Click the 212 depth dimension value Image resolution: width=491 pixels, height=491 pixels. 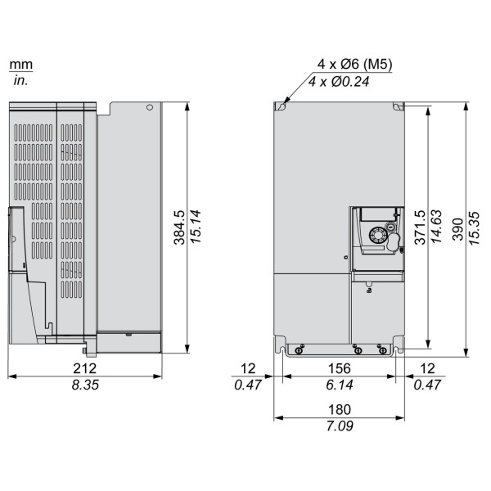(x=84, y=368)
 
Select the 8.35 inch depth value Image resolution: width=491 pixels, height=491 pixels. (x=85, y=385)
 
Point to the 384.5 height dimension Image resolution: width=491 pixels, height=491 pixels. (x=180, y=227)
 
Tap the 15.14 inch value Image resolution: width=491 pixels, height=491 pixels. (x=196, y=227)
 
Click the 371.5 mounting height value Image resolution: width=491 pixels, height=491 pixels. (x=421, y=227)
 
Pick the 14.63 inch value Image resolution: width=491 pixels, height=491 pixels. (x=436, y=226)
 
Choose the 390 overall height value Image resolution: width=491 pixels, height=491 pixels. (x=458, y=229)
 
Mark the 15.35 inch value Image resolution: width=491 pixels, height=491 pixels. (x=474, y=228)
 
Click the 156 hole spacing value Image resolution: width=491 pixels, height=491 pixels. (x=340, y=368)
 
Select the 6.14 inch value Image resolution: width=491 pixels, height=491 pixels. (x=340, y=385)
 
